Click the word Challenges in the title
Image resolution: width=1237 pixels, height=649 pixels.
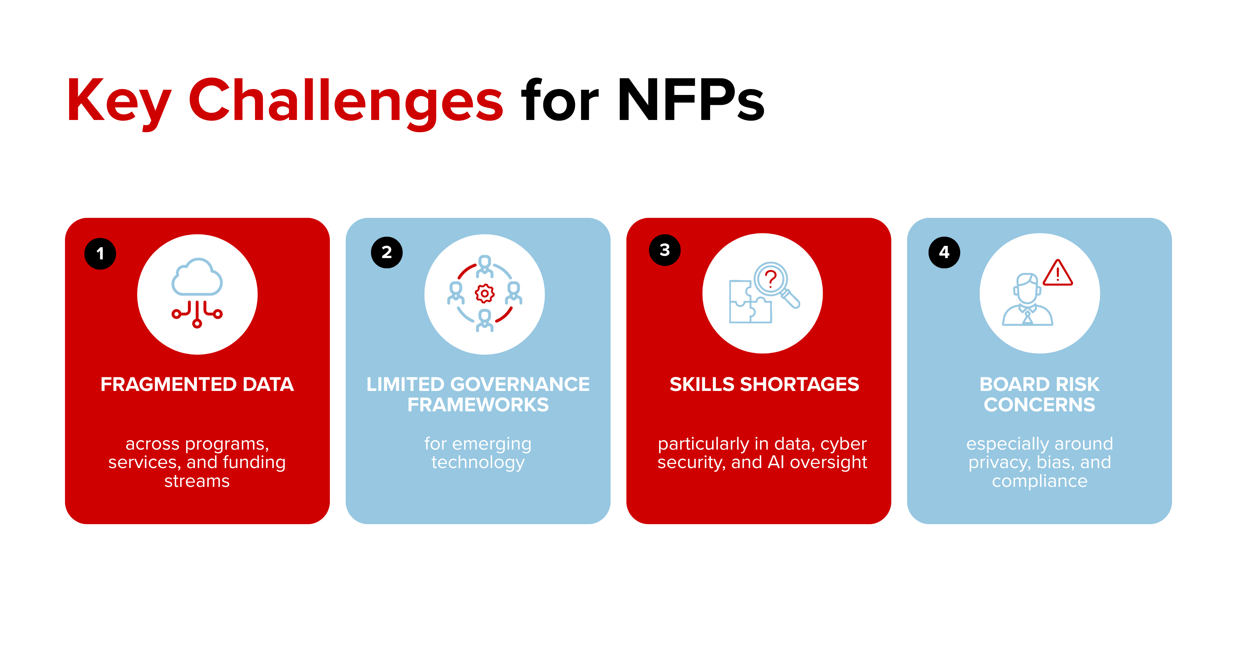pos(346,101)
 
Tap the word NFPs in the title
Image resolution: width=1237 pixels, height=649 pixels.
pos(690,101)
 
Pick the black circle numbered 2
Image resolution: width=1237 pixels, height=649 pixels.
pos(387,252)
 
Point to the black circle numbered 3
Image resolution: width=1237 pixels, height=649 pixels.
pos(665,250)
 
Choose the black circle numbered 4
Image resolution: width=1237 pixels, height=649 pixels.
pos(944,252)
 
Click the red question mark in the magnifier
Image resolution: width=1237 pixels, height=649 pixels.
pos(771,278)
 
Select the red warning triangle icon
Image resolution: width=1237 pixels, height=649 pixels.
pos(1058,274)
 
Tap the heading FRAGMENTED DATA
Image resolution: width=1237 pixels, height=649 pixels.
pos(197,384)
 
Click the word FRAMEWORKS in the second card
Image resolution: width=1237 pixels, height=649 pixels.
pos(478,405)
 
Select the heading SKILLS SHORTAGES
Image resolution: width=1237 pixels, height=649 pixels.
pos(764,384)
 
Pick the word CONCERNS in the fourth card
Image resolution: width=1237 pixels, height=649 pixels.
pos(1039,405)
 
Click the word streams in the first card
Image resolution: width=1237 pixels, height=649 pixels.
pos(197,481)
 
